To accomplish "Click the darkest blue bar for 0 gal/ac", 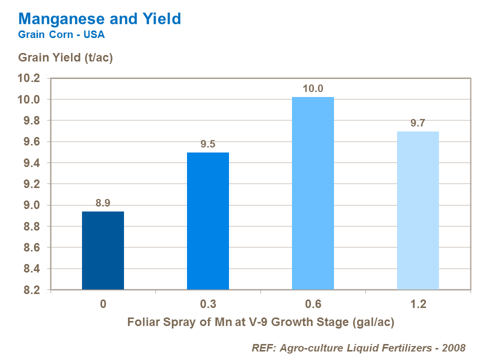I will (x=103, y=250).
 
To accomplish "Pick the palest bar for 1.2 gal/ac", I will (x=418, y=210).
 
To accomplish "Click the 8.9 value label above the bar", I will (x=103, y=203).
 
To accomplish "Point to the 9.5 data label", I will (x=208, y=144).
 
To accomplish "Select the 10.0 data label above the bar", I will (x=313, y=89).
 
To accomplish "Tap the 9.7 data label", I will (x=418, y=123).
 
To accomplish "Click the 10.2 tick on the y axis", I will (x=28, y=78).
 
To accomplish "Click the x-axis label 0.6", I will (x=313, y=304).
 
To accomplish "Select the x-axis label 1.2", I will (x=418, y=304).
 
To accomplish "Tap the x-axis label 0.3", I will (x=208, y=304).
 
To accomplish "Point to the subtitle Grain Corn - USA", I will (x=61, y=35).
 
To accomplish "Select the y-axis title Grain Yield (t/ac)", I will (x=65, y=57).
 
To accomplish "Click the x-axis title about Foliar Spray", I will (x=260, y=322).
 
